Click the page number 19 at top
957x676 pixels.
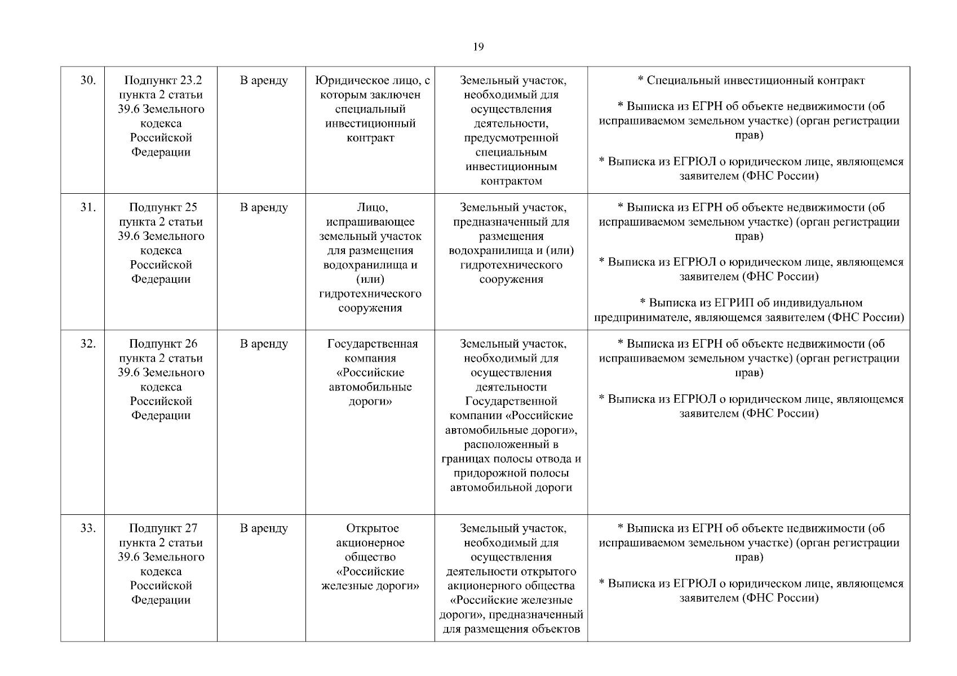point(478,47)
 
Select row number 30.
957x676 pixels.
point(87,81)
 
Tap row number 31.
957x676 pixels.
point(87,207)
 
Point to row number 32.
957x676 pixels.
point(87,344)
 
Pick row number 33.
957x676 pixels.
point(87,528)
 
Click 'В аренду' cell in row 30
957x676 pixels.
point(264,81)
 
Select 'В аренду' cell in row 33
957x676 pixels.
point(264,528)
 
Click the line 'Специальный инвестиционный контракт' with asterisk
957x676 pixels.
point(751,81)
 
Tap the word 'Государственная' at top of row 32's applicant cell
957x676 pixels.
point(373,344)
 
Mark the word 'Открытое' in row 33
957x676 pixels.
point(373,528)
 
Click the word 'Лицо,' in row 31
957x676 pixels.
point(373,207)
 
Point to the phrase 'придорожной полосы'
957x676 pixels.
point(511,473)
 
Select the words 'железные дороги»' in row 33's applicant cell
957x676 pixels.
point(370,586)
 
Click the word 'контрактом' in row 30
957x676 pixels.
point(511,181)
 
